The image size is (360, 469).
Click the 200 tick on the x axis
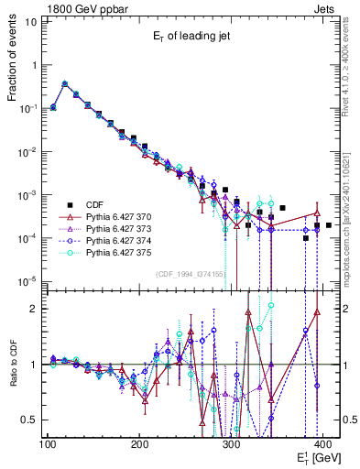139,444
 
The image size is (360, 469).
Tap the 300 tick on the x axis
231,444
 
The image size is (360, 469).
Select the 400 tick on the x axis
322,444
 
